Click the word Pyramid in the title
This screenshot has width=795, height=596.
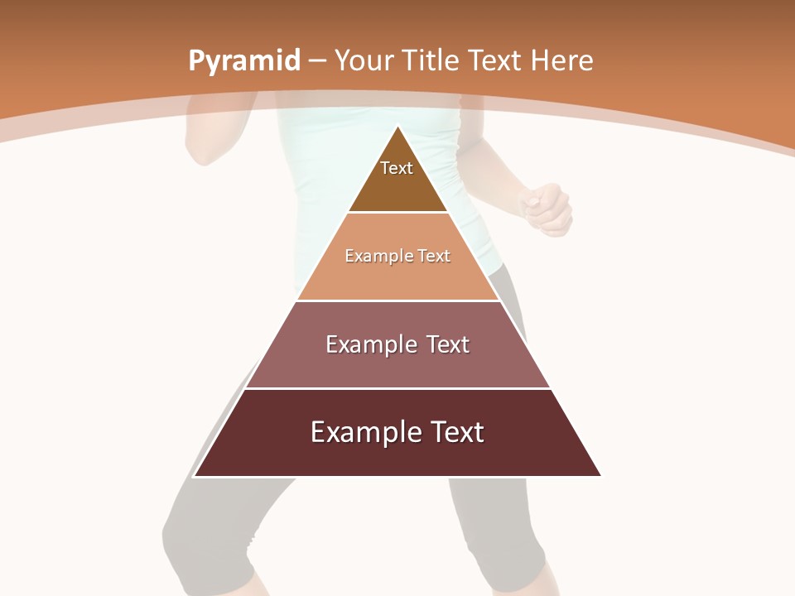point(244,61)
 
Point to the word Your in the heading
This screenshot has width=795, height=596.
point(364,60)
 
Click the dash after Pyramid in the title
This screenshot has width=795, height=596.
point(317,61)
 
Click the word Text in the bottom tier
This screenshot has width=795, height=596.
point(454,432)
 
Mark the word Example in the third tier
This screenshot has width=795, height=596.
point(365,344)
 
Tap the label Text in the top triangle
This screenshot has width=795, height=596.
point(397,168)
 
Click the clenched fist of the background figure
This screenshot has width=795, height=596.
point(546,209)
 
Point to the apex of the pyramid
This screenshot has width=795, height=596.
point(398,127)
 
